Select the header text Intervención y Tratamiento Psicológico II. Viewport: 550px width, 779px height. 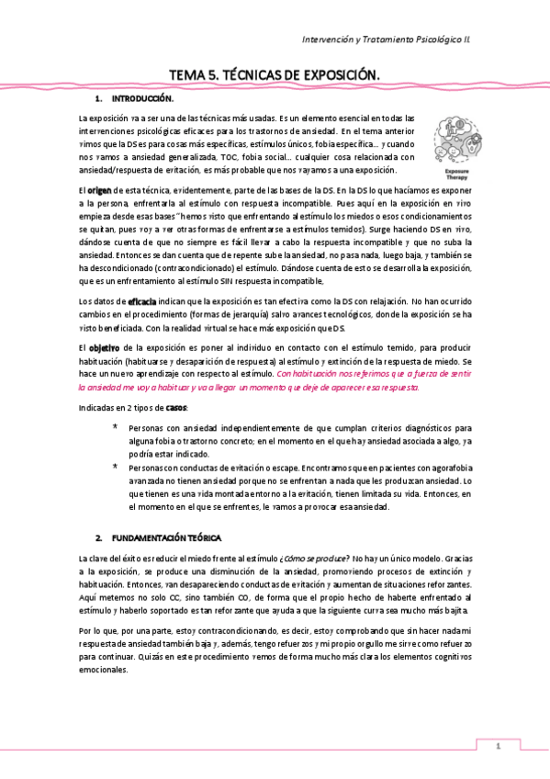click(x=399, y=40)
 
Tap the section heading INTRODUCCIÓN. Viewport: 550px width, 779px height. click(x=142, y=98)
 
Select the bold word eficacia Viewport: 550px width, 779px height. click(x=142, y=301)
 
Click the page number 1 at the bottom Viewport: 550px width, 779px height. click(x=497, y=746)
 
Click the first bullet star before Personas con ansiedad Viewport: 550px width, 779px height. click(x=115, y=428)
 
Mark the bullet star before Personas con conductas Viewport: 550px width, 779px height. click(x=115, y=468)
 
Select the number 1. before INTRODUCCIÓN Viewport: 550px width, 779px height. click(x=98, y=98)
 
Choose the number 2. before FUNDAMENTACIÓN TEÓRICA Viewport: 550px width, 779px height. click(x=98, y=536)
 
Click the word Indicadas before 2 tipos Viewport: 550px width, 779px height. click(x=95, y=407)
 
